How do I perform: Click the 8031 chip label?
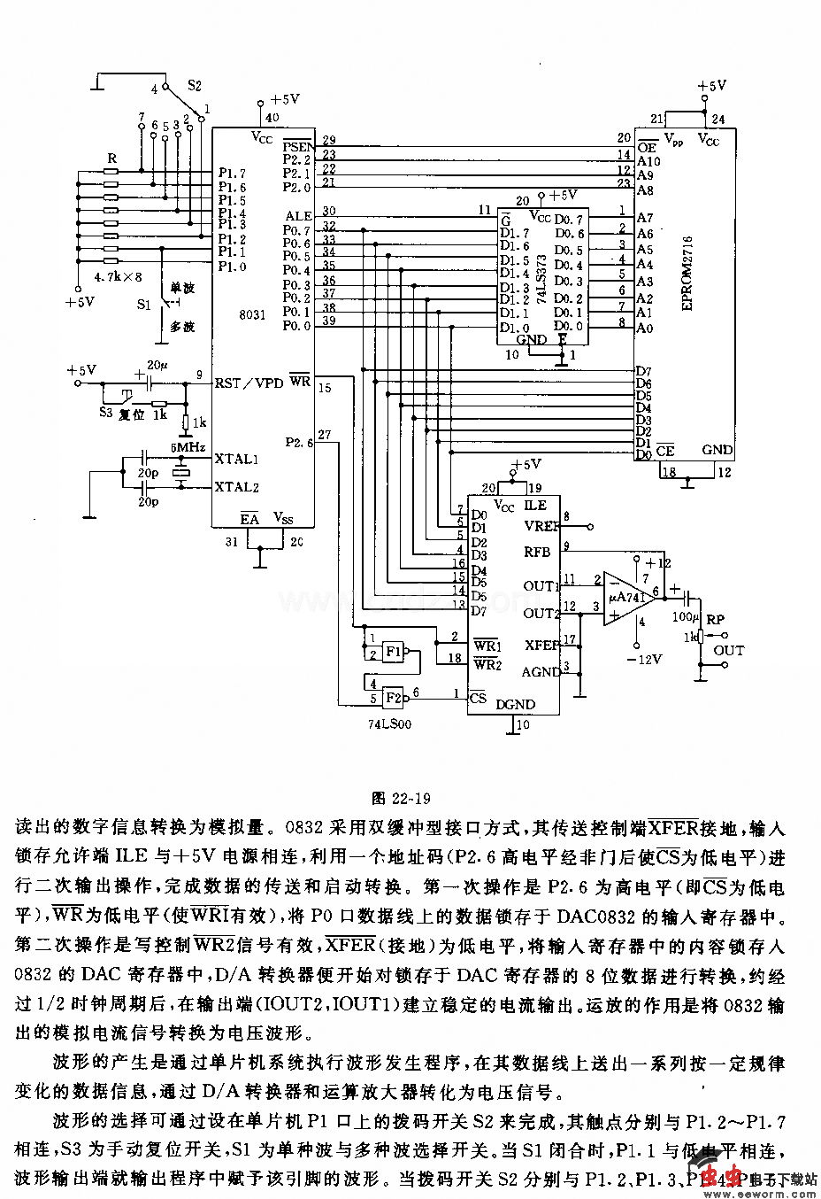click(252, 313)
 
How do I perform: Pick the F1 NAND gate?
click(393, 653)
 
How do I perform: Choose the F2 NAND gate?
click(393, 696)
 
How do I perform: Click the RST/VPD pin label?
click(249, 383)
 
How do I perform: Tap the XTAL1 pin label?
click(236, 459)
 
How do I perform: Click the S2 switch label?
click(195, 86)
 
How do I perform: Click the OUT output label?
click(728, 650)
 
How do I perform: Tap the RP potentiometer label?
click(715, 620)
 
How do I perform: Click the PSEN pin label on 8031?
click(297, 145)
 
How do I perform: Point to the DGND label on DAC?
click(515, 705)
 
